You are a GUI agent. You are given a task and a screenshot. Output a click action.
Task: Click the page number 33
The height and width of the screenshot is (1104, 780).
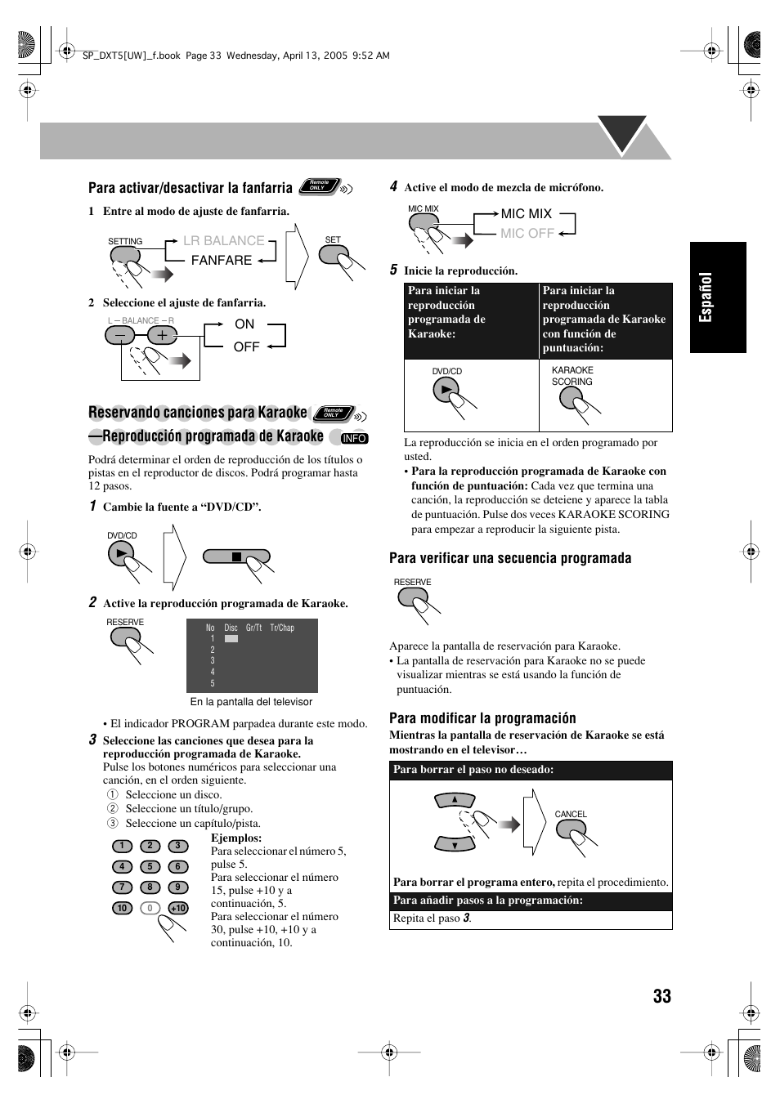click(x=661, y=995)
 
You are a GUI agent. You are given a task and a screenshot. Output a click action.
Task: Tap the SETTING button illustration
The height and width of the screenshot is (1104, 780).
click(x=124, y=257)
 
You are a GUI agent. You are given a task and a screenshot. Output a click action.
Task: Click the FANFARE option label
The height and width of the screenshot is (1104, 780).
click(x=222, y=260)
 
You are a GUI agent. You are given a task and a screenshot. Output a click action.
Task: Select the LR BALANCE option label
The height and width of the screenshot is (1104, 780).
click(x=223, y=240)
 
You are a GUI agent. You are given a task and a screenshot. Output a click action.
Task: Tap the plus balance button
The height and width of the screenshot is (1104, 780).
click(x=163, y=335)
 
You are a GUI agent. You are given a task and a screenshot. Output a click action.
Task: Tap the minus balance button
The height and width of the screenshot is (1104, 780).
click(x=121, y=335)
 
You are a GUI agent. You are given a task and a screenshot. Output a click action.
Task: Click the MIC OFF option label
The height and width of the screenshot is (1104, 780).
click(x=527, y=233)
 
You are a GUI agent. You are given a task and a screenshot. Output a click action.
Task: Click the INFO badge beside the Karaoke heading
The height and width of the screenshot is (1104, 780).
click(x=354, y=438)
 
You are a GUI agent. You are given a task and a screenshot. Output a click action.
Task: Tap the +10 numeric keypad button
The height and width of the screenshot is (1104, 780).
click(x=178, y=908)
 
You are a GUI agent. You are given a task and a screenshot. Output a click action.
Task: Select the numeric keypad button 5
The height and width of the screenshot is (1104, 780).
click(x=150, y=866)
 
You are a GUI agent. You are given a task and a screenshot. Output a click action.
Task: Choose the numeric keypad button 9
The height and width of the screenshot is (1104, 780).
click(x=178, y=887)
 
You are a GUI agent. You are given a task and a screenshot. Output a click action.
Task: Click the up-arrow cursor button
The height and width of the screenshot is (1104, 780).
click(x=455, y=799)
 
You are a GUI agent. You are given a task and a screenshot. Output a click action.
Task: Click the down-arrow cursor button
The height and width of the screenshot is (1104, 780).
click(x=455, y=844)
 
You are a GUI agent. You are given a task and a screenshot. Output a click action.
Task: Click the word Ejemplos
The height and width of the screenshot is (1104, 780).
click(x=236, y=838)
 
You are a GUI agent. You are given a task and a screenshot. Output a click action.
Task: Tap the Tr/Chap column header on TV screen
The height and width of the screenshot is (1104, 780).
click(x=282, y=628)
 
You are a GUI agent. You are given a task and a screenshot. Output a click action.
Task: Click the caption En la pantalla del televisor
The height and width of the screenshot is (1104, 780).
click(x=251, y=701)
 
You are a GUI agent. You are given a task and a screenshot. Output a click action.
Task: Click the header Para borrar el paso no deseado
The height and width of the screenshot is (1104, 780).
click(x=473, y=769)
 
